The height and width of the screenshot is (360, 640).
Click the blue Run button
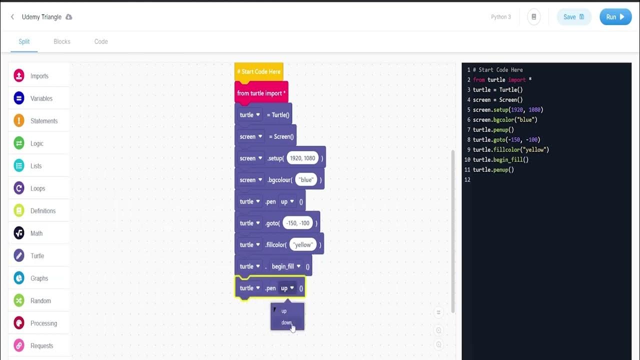click(x=615, y=17)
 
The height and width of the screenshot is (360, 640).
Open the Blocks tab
click(x=62, y=41)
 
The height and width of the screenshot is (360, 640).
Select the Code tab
click(x=101, y=41)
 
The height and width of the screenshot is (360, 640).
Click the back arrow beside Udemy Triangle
click(x=12, y=17)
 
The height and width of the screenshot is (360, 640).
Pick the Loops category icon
click(x=19, y=188)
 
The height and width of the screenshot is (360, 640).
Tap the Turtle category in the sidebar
click(x=37, y=256)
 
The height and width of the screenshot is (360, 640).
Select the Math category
click(x=36, y=233)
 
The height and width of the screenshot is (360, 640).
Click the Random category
click(x=40, y=301)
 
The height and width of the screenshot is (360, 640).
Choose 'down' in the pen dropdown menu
click(x=286, y=322)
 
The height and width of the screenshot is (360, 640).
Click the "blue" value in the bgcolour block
click(x=306, y=180)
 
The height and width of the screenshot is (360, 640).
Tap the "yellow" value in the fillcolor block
click(x=303, y=245)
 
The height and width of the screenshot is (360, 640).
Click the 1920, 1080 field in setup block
click(x=302, y=158)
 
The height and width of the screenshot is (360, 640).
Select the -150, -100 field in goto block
click(x=298, y=223)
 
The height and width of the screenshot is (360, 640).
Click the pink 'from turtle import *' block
click(x=261, y=93)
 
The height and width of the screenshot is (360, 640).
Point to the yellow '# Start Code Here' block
click(x=258, y=72)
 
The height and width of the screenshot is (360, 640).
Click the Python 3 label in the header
click(x=501, y=17)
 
